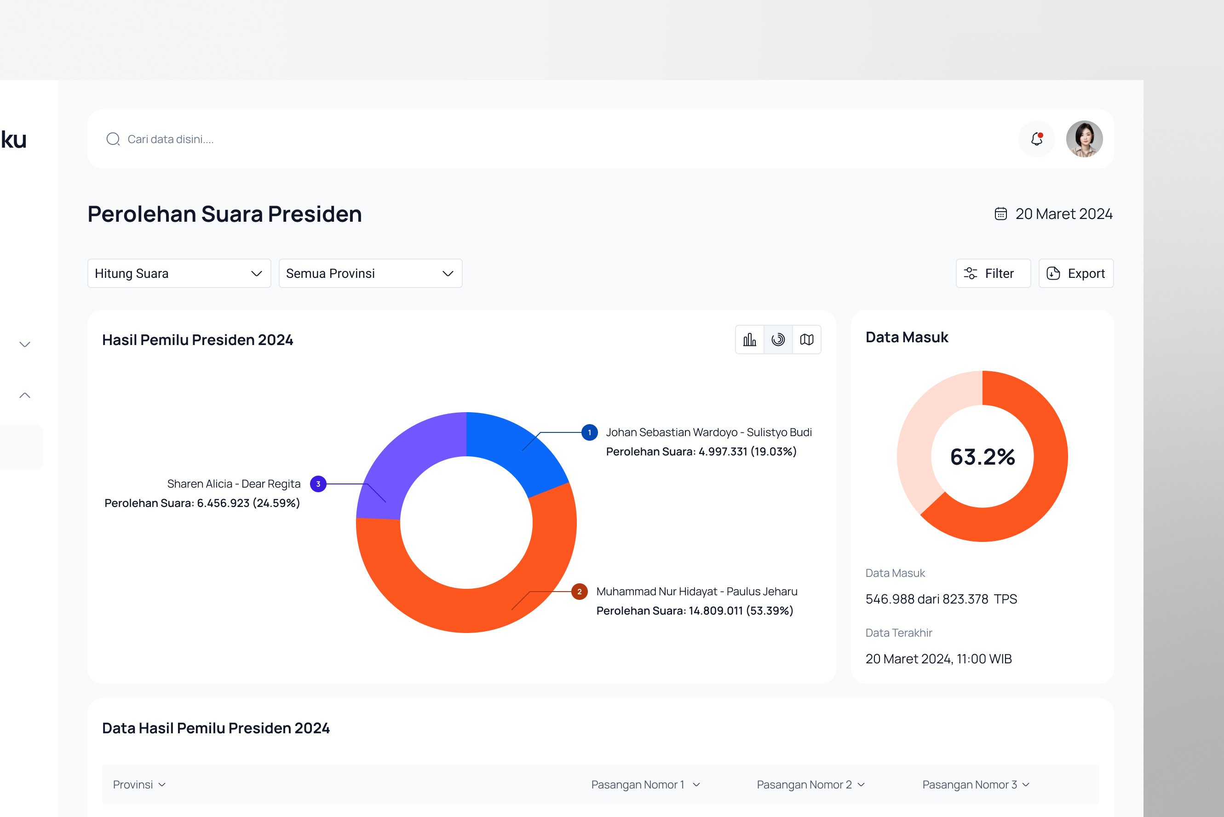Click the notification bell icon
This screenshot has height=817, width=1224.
1036,139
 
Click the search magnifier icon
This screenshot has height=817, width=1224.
113,139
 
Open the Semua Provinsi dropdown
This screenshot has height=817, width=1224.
370,274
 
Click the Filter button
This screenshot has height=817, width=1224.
993,274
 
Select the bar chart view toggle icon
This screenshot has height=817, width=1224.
749,339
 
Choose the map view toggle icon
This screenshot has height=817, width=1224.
807,339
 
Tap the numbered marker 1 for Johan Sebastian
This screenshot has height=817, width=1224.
589,432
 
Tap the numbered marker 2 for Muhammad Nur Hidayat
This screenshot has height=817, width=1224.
579,592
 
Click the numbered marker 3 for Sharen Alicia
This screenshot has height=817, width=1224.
318,484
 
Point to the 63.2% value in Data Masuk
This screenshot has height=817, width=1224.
983,457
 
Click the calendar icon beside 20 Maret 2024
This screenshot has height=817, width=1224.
1000,214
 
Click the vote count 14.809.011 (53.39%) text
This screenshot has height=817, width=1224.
740,610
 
